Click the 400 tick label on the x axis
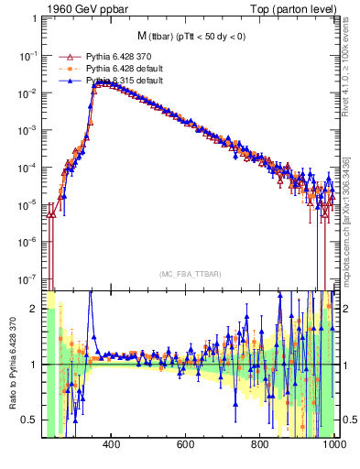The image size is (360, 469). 113,445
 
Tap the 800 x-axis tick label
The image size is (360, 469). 261,445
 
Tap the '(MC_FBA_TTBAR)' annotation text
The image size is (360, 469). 191,274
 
